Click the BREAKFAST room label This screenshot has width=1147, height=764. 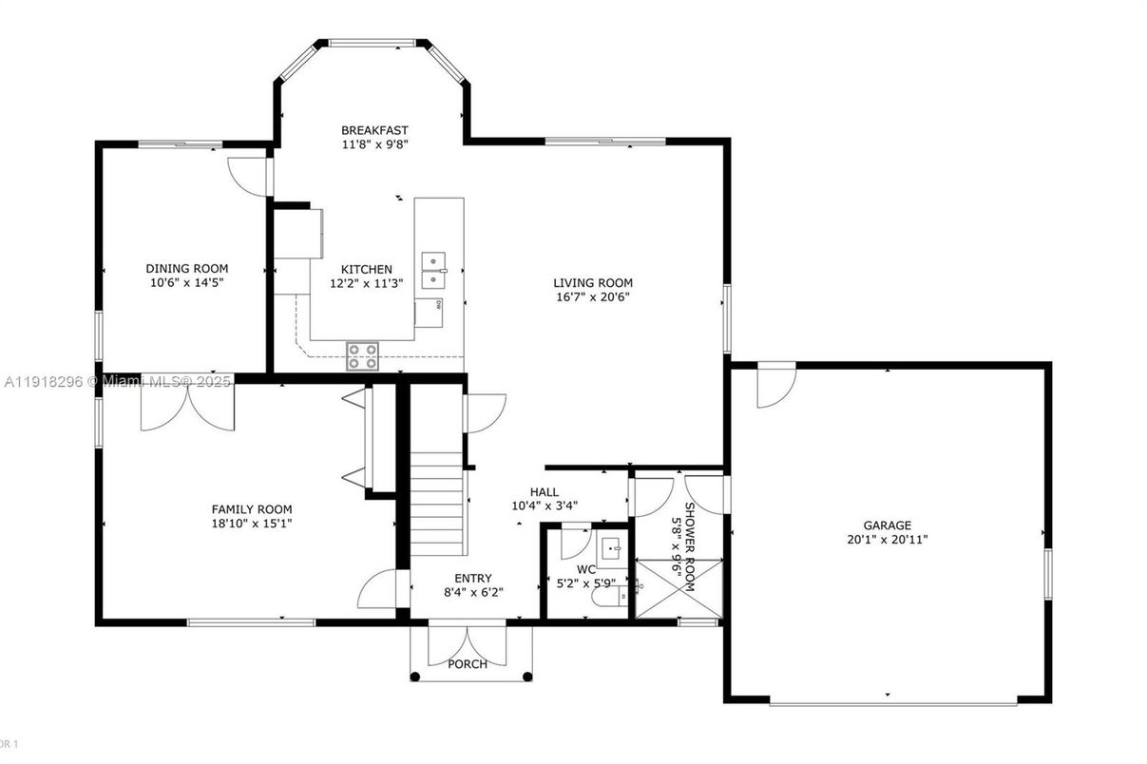pos(374,130)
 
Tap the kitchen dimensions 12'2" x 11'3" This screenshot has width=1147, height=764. pos(366,283)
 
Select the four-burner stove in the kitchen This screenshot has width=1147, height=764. pos(362,355)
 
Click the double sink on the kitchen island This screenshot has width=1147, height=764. pos(434,268)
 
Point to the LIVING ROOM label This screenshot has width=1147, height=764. pos(593,282)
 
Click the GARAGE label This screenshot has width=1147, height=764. pos(887,525)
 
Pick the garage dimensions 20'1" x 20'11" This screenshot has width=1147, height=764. pos(887,539)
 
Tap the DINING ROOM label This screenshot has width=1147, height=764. pos(186,268)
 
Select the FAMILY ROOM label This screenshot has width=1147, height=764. pos(251,509)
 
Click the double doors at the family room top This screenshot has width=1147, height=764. pos(187,405)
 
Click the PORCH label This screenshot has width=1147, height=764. pos(468,664)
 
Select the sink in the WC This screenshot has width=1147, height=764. pos(613,548)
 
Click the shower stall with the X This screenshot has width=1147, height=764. pos(679,590)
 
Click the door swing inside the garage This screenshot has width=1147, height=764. pos(774,386)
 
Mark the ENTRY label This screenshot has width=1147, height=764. pos(472,578)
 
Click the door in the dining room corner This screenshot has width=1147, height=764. pos(249,176)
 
